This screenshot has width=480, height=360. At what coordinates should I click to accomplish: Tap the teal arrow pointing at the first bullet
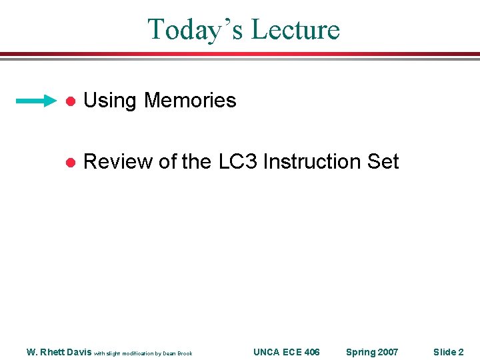tap(37, 101)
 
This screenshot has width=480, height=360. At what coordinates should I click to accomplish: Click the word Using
tap(111, 101)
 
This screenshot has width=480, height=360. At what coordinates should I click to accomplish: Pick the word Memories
tap(190, 101)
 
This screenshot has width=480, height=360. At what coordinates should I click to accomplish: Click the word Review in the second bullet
tap(118, 162)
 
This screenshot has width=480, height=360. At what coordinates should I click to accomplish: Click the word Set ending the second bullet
tap(383, 162)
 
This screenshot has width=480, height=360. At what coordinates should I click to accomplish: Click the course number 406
tap(311, 352)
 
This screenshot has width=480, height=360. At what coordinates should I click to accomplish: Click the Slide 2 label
tap(448, 352)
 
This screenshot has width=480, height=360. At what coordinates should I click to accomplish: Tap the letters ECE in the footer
tap(291, 352)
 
